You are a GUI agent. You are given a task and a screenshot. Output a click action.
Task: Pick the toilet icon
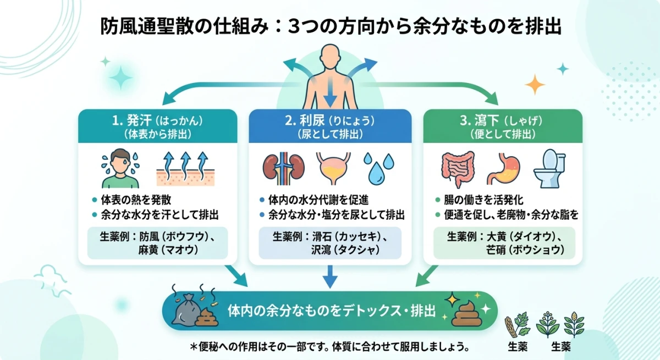point(550,168)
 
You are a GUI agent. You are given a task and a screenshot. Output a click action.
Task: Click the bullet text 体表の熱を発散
point(130,200)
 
